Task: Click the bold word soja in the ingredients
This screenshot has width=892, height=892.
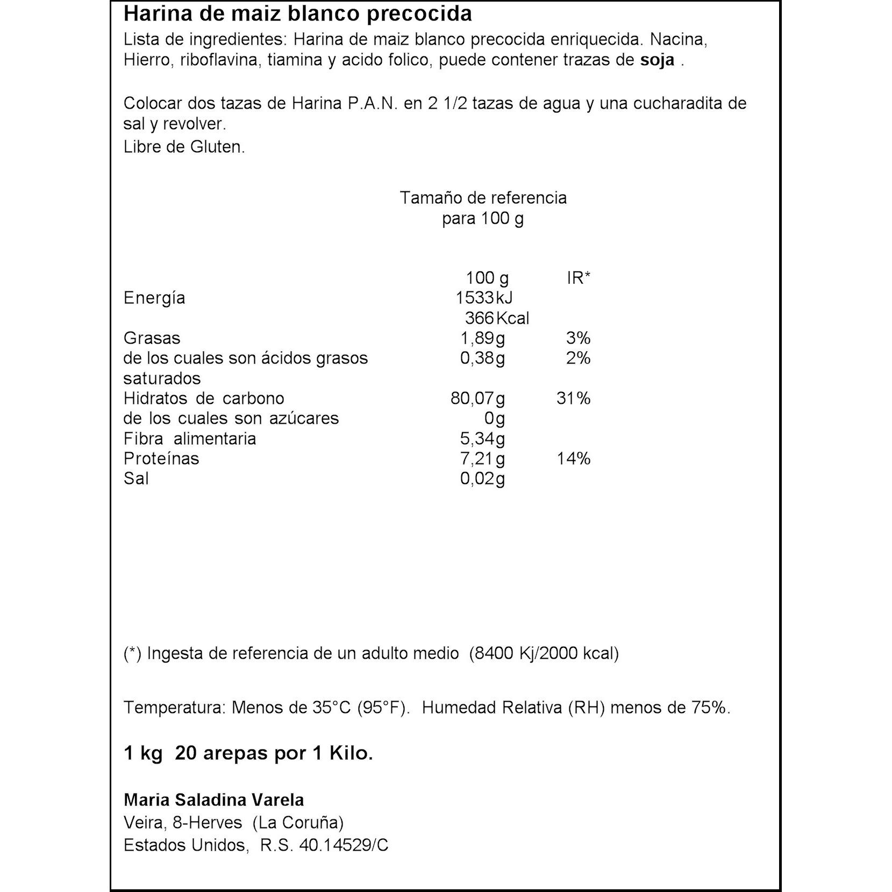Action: tap(657, 60)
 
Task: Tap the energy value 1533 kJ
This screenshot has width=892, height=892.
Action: tap(484, 298)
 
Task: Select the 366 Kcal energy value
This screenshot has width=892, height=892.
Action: tap(497, 318)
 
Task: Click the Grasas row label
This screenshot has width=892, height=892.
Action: tap(152, 338)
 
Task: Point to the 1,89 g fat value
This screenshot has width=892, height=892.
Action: tap(482, 338)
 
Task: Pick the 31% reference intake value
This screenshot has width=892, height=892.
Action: tap(573, 398)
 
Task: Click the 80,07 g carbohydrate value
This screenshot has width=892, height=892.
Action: tap(477, 398)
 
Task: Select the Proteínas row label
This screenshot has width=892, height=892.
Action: tap(161, 459)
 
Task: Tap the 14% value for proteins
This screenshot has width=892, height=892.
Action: tap(573, 459)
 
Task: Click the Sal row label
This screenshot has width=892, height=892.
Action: tap(136, 479)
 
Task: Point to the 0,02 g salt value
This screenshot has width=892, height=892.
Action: tap(482, 479)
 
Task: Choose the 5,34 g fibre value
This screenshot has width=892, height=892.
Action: tap(482, 439)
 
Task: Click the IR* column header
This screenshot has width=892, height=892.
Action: tap(579, 278)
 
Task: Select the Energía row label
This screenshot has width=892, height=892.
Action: tap(154, 298)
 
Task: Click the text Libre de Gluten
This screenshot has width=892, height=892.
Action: tap(184, 147)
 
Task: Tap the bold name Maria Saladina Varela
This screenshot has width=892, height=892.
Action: tap(214, 800)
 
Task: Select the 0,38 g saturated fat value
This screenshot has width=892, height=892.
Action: tap(482, 358)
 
